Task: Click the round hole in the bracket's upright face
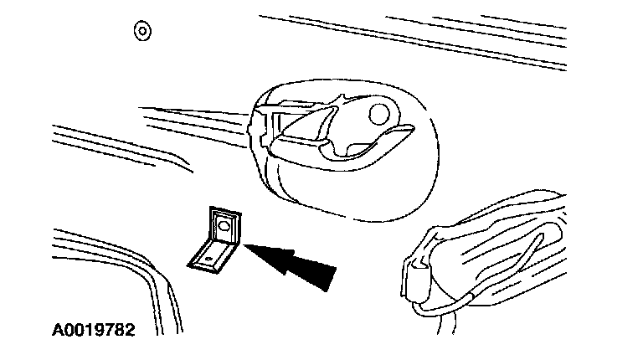[224, 224]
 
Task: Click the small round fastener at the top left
[141, 32]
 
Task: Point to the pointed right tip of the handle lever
[412, 127]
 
